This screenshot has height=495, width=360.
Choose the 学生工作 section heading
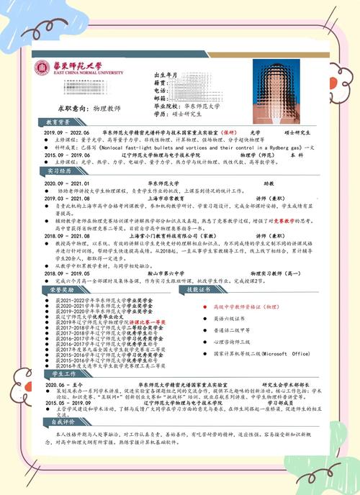tap(60, 375)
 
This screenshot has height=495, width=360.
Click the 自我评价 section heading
tap(60, 422)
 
